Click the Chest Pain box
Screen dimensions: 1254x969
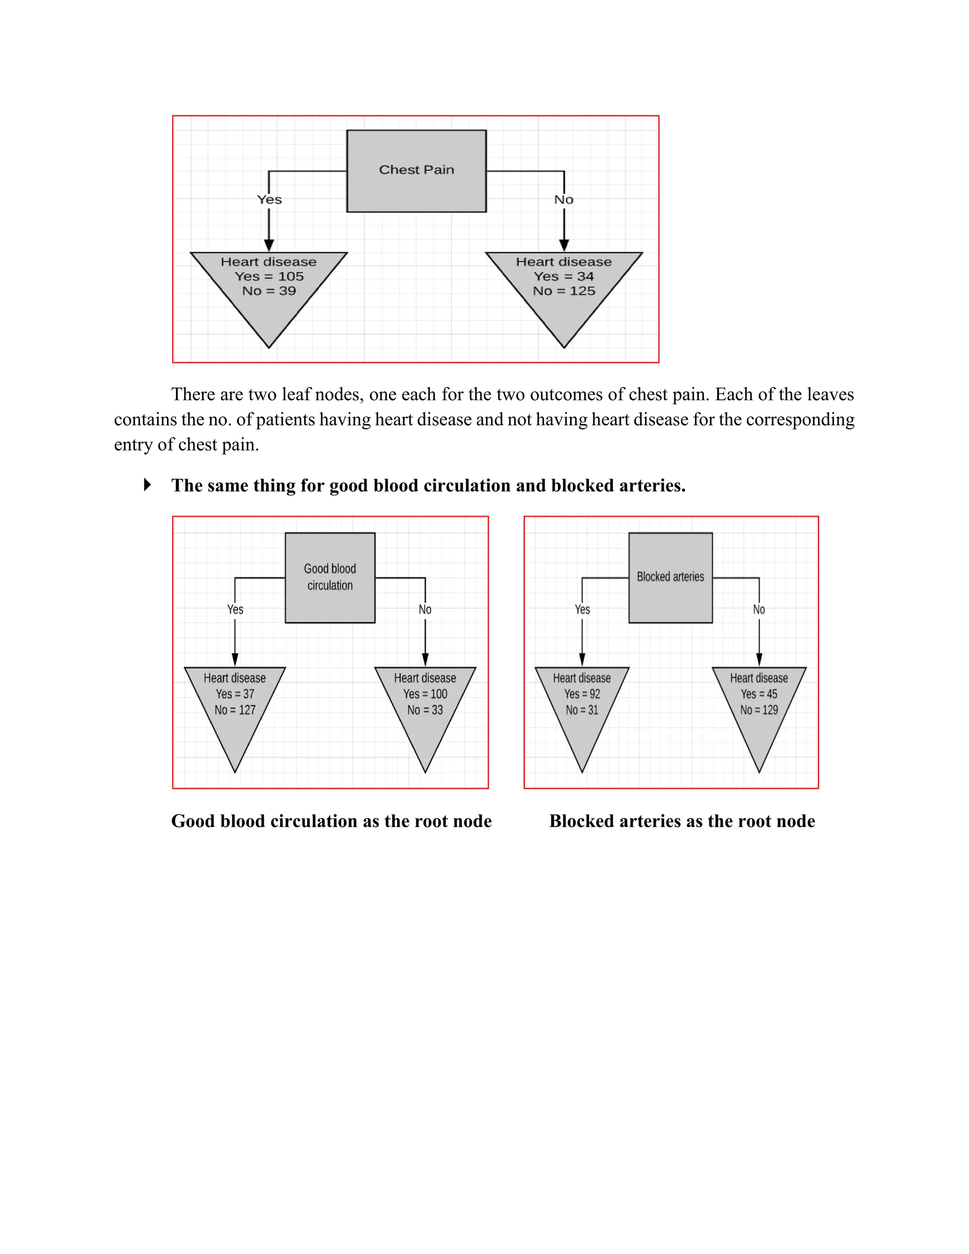coord(416,170)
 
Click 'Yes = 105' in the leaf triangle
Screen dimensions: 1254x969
coord(269,276)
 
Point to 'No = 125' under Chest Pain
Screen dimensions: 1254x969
coord(564,291)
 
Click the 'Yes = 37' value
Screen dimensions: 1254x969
coord(235,694)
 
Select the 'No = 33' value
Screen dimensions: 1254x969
coord(425,710)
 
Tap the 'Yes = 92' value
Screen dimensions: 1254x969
coord(581,694)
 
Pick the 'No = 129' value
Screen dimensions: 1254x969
coord(758,710)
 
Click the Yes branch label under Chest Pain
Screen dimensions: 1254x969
coord(269,199)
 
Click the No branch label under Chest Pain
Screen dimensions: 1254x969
coord(564,199)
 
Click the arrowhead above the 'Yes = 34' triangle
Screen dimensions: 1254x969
coord(564,245)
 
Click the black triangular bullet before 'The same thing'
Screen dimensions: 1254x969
coord(147,485)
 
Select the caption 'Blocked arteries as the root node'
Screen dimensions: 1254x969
coord(681,821)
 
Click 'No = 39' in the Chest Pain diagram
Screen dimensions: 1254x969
coord(269,291)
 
